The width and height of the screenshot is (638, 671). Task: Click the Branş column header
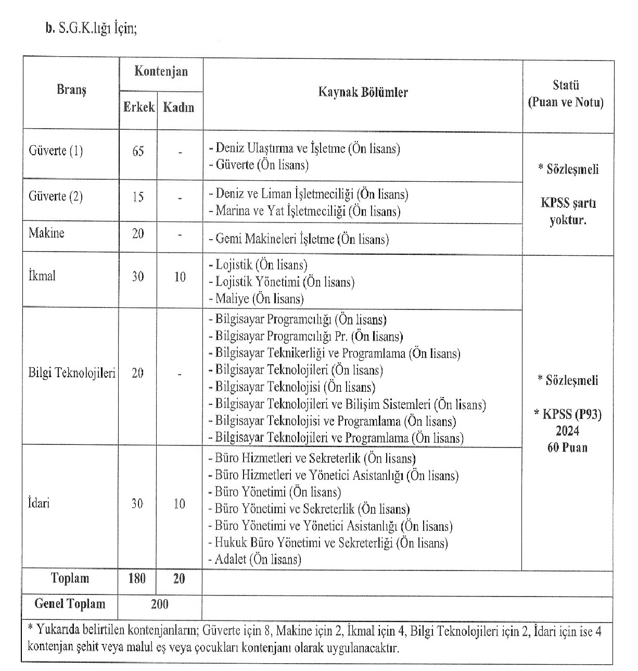71,90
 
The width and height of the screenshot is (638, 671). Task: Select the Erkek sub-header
138,107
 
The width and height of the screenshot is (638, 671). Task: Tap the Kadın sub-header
178,107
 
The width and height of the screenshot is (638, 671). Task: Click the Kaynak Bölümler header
363,93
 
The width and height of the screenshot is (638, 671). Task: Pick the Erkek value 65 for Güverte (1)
138,152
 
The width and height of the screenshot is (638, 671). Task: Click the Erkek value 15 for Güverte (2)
138,197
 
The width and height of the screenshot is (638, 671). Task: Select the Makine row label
46,233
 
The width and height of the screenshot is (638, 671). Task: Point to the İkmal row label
42,276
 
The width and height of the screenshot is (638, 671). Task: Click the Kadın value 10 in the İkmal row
180,277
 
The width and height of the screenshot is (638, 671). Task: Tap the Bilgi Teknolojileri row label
72,373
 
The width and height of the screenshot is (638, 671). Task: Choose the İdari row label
39,503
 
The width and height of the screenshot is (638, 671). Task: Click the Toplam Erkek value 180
137,578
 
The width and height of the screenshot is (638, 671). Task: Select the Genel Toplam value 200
159,604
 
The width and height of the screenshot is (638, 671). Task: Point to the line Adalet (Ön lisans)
255,560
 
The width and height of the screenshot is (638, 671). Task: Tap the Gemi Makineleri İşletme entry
299,239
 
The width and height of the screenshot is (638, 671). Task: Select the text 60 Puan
567,448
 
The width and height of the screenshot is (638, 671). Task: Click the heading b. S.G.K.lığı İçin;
91,29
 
